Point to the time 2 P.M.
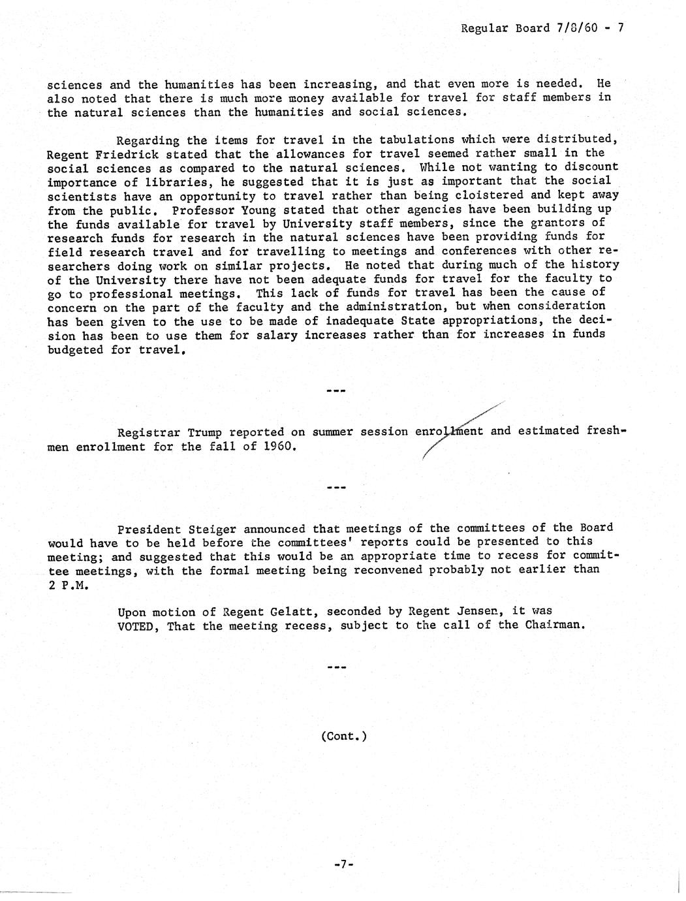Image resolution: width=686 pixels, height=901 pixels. click(67, 585)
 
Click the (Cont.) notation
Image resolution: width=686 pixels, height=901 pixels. click(343, 736)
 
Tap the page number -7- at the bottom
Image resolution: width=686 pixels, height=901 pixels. click(343, 864)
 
